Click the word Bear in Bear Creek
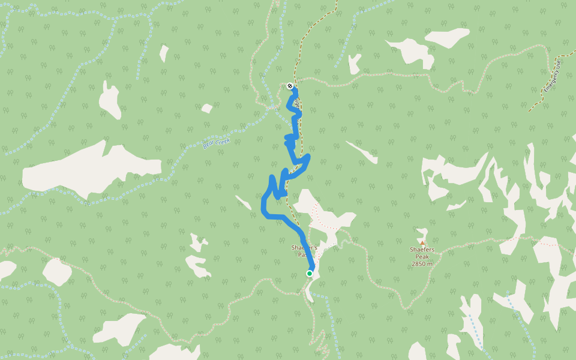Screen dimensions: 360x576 [x=208, y=145]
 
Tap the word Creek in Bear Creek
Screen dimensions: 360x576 [x=222, y=141]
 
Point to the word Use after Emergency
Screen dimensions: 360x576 [x=558, y=64]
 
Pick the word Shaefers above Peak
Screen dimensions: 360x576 [x=422, y=250]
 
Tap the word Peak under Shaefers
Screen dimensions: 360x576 [x=422, y=257]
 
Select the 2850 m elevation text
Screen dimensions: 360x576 [x=422, y=264]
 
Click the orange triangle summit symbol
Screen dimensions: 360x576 [x=422, y=243]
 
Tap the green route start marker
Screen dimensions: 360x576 [x=310, y=274]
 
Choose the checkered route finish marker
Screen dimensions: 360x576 [x=290, y=86]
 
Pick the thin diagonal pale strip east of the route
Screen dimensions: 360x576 [x=361, y=152]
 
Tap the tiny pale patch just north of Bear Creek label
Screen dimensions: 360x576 [x=206, y=109]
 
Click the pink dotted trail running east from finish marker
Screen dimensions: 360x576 [x=384, y=76]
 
